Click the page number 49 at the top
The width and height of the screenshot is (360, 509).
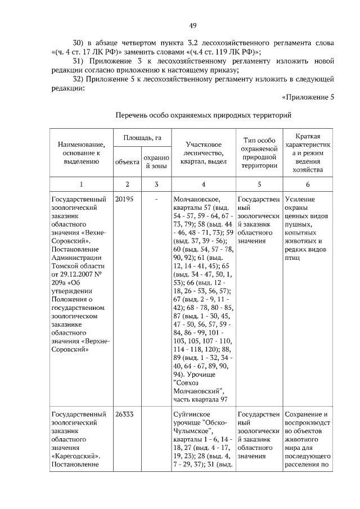pyautogui.click(x=192, y=26)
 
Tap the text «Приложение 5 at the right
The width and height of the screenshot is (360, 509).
pyautogui.click(x=308, y=97)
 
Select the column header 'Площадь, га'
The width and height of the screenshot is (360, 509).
pyautogui.click(x=139, y=138)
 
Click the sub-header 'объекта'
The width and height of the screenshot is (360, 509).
pyautogui.click(x=127, y=162)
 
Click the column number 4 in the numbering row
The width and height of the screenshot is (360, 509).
pyautogui.click(x=203, y=184)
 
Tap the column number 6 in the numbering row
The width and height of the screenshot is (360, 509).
pyautogui.click(x=308, y=184)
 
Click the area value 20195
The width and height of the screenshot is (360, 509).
pyautogui.click(x=124, y=200)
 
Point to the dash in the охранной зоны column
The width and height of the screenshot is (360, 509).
pyautogui.click(x=156, y=200)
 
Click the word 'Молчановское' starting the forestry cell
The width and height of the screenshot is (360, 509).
pyautogui.click(x=197, y=200)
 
